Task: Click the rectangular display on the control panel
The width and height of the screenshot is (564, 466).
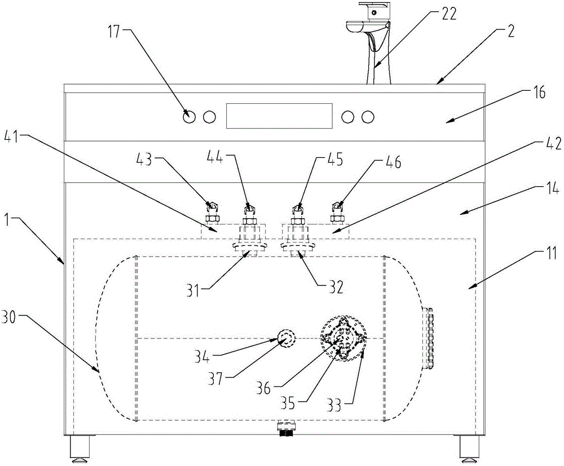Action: click(x=279, y=116)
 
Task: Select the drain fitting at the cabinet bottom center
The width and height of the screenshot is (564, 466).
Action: click(x=287, y=428)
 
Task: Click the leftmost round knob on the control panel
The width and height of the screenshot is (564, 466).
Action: click(x=189, y=117)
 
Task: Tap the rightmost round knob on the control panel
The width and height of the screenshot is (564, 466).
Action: click(x=368, y=117)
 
